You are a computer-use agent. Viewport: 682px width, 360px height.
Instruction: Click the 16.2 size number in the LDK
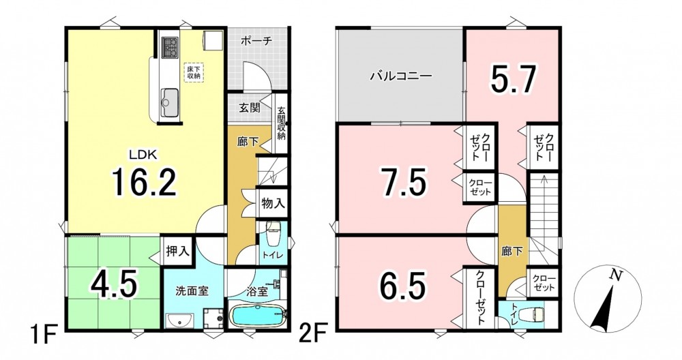[x=144, y=182]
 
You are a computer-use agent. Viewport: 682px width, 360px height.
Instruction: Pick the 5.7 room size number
[x=512, y=80]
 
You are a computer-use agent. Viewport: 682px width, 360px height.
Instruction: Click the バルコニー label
[x=401, y=76]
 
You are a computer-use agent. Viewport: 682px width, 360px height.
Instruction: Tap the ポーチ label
[x=256, y=41]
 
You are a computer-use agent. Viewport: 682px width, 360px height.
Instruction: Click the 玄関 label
[x=249, y=108]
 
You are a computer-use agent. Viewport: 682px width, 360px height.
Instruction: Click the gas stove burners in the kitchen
[x=170, y=46]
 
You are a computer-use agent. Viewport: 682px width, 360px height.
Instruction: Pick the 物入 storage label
[x=273, y=202]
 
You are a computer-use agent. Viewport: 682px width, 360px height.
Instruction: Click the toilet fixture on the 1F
[x=273, y=234]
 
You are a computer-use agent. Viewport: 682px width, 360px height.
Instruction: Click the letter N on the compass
[x=615, y=275]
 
